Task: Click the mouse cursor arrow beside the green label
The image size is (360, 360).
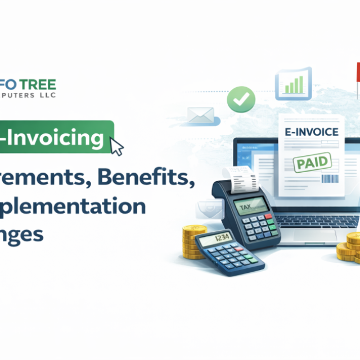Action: coord(118,147)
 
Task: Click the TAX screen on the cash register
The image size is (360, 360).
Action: coord(251,206)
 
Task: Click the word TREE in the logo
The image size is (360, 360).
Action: coord(39,85)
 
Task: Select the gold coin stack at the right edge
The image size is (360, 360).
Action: coord(352,248)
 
